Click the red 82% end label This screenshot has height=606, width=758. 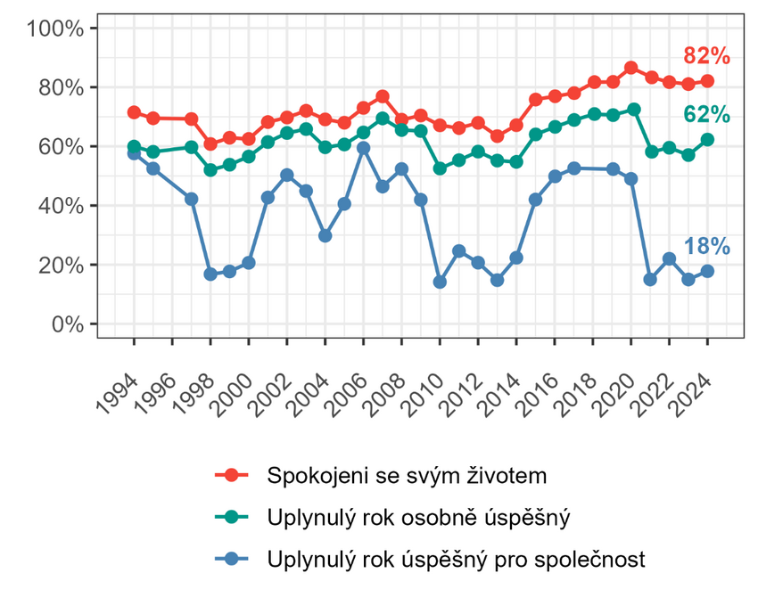click(706, 56)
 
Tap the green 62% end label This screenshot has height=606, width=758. click(706, 115)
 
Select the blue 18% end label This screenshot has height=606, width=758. click(706, 247)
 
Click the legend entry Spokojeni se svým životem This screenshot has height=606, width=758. click(406, 475)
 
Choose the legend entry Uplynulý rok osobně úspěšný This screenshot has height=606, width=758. click(417, 518)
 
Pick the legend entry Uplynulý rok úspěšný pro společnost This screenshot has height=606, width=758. click(455, 560)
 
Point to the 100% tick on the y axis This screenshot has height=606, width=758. click(55, 29)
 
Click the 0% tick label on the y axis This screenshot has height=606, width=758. click(65, 324)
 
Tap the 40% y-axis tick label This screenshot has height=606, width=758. click(61, 206)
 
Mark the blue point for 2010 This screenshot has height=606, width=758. click(440, 282)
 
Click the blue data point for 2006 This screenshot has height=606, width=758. click(363, 148)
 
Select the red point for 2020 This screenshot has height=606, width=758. click(630, 68)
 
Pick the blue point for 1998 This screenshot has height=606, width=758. click(210, 274)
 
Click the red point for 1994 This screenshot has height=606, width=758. click(134, 112)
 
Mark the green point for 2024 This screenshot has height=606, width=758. click(707, 140)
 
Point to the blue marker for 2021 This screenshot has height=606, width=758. click(650, 280)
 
